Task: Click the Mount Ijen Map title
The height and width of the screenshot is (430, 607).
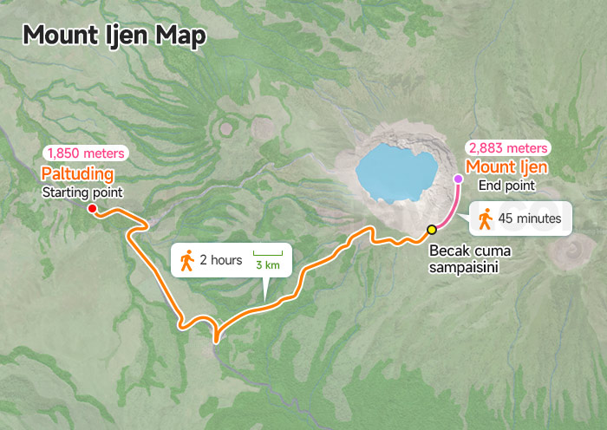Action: [x=114, y=35]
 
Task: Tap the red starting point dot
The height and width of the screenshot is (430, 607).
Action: [x=92, y=208]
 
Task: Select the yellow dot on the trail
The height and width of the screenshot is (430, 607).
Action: [x=431, y=230]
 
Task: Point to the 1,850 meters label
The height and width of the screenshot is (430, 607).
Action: [x=85, y=153]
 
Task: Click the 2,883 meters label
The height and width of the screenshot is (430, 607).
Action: [x=508, y=148]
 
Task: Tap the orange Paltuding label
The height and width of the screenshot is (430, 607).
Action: [x=77, y=173]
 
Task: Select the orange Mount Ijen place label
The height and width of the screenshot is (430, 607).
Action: [x=507, y=166]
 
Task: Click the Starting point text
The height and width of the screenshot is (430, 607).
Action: [x=82, y=192]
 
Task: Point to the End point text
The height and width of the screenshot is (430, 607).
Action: [x=507, y=185]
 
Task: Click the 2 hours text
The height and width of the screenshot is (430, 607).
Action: [x=220, y=259]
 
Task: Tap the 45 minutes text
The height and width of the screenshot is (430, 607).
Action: [x=530, y=218]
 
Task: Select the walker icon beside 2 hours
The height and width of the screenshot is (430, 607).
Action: [x=186, y=259]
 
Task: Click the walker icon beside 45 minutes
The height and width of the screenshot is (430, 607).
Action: [x=486, y=218]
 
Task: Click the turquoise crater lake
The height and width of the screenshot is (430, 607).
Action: [x=395, y=170]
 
